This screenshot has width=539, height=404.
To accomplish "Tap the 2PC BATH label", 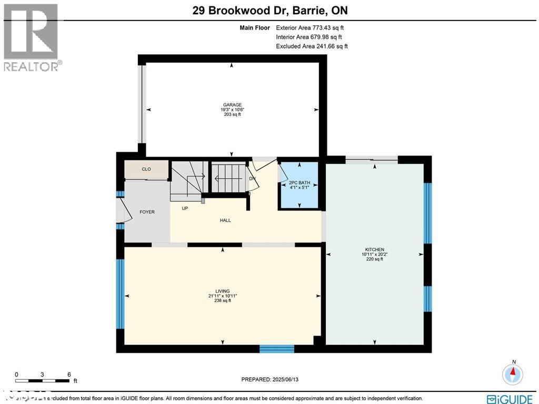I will pyautogui.click(x=300, y=183).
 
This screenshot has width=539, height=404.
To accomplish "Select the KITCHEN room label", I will pyautogui.click(x=375, y=249).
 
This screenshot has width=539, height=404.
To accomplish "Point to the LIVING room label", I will pyautogui.click(x=223, y=291).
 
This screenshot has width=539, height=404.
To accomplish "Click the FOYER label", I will pyautogui.click(x=147, y=212).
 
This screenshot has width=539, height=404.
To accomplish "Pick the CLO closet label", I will pyautogui.click(x=146, y=169).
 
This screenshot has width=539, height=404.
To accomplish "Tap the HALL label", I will pyautogui.click(x=225, y=220).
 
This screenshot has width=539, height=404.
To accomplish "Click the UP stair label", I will pyautogui.click(x=185, y=208).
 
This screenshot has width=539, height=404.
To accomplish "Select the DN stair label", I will pyautogui.click(x=252, y=178).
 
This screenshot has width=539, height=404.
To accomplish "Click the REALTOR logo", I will pyautogui.click(x=32, y=37).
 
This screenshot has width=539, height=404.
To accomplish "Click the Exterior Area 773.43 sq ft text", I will pyautogui.click(x=311, y=27).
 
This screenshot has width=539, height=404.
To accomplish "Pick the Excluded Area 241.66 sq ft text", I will pyautogui.click(x=312, y=46).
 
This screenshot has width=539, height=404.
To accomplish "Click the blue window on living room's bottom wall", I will pyautogui.click(x=277, y=349).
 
